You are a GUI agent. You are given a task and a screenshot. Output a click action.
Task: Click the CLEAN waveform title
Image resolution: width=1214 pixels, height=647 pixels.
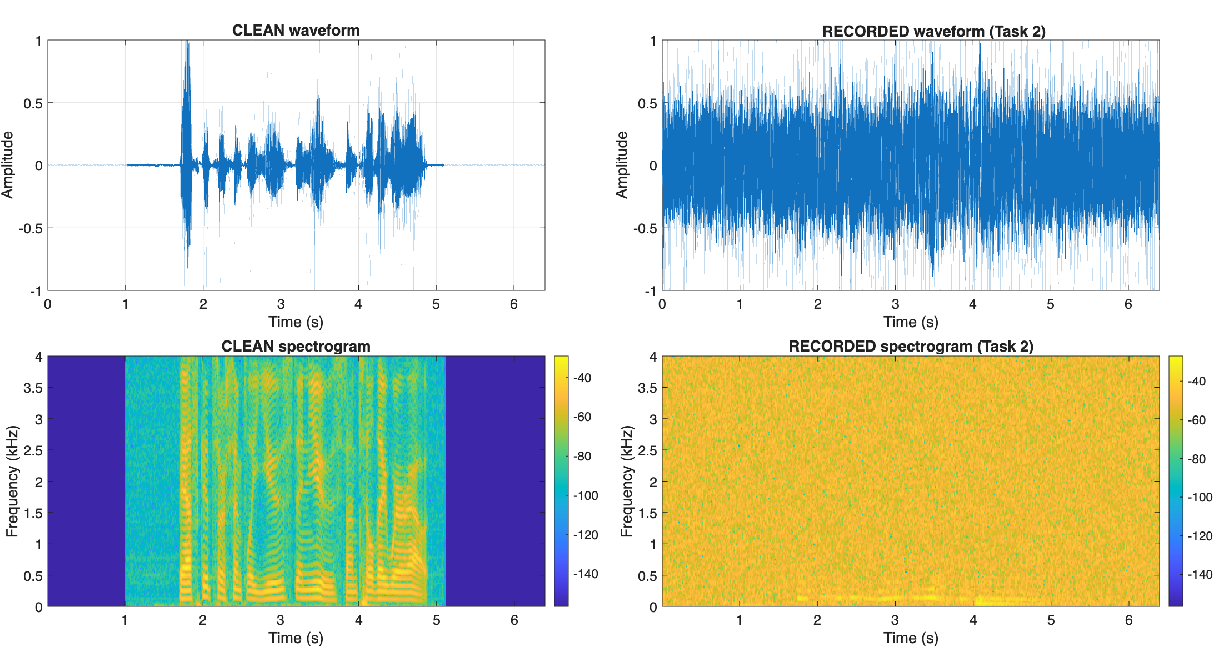pyautogui.click(x=296, y=30)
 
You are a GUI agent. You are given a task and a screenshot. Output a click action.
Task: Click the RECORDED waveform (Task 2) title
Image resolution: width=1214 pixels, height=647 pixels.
pyautogui.click(x=933, y=31)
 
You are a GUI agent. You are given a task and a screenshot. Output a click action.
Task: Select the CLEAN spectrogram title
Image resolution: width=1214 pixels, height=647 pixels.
pyautogui.click(x=296, y=346)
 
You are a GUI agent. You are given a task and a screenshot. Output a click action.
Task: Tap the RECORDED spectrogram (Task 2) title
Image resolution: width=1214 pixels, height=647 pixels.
pyautogui.click(x=911, y=346)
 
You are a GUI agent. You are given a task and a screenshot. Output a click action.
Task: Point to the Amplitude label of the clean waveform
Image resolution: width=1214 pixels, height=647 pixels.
pyautogui.click(x=7, y=164)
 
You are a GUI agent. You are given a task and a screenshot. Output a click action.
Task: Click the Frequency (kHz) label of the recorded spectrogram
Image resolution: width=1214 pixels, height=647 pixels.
pyautogui.click(x=626, y=481)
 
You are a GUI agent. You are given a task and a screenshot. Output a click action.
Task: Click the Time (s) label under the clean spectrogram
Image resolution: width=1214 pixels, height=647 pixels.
pyautogui.click(x=296, y=638)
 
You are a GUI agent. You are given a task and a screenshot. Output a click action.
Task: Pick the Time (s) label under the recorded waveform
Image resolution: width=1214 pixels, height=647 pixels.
pyautogui.click(x=911, y=322)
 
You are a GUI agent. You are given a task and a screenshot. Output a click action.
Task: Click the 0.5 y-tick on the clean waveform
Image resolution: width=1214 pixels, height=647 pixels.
pyautogui.click(x=33, y=103)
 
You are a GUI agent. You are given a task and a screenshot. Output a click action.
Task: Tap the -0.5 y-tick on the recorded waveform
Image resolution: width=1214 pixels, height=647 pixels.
pyautogui.click(x=644, y=228)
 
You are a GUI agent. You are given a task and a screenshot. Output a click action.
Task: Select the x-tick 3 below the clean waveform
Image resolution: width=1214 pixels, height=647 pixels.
pyautogui.click(x=281, y=304)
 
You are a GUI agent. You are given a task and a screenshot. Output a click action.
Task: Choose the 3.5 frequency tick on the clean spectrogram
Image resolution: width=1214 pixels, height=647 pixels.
pyautogui.click(x=33, y=388)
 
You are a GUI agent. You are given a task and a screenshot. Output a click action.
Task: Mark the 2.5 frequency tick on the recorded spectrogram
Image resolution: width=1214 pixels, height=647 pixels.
pyautogui.click(x=647, y=450)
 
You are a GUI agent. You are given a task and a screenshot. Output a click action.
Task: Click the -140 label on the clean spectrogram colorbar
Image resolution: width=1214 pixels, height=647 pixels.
pyautogui.click(x=586, y=574)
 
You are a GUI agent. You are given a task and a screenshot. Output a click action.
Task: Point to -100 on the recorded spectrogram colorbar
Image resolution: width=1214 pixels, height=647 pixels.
pyautogui.click(x=1200, y=497)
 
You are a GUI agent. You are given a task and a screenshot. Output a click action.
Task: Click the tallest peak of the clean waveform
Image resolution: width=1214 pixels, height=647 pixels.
pyautogui.click(x=188, y=42)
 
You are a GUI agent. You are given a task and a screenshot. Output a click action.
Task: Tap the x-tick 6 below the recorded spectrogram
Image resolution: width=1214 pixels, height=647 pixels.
pyautogui.click(x=1128, y=620)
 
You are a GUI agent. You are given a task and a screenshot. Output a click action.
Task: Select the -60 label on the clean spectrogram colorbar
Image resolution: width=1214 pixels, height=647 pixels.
pyautogui.click(x=582, y=417)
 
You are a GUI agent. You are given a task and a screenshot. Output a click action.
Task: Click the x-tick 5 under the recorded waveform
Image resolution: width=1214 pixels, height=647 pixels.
pyautogui.click(x=1050, y=304)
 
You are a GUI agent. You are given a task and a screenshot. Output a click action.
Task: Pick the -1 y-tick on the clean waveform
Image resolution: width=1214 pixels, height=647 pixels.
pyautogui.click(x=36, y=290)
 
